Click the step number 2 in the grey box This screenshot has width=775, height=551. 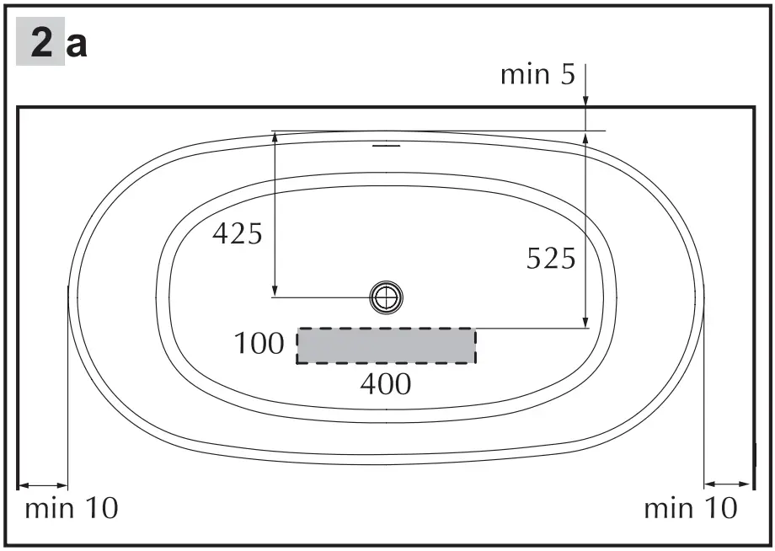[40, 44]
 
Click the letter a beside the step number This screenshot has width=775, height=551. [77, 45]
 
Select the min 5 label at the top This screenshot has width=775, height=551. [537, 74]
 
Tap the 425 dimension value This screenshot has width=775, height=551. [237, 233]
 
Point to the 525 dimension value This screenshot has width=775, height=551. [551, 259]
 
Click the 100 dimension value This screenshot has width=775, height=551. [259, 344]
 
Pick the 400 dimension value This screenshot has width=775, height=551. [386, 384]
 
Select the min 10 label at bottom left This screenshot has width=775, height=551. [72, 508]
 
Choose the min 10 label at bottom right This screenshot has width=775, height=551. [691, 508]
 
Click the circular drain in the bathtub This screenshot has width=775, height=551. [386, 296]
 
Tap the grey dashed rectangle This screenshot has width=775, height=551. [386, 345]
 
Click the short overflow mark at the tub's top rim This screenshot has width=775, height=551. [386, 145]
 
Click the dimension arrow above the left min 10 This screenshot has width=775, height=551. [42, 485]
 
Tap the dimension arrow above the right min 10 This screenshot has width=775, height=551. [727, 484]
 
